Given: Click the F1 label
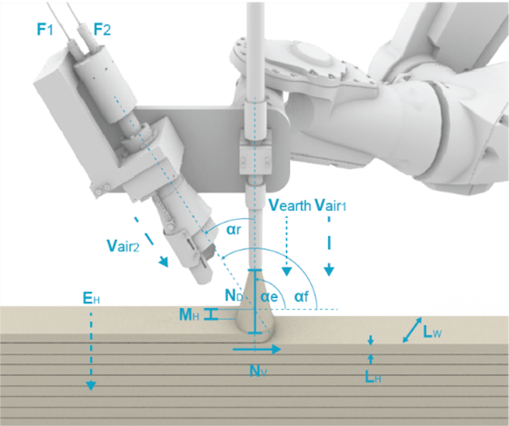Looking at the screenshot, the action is tap(45, 30).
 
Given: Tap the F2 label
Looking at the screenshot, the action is tap(102, 30).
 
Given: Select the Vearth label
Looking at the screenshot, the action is tap(290, 205).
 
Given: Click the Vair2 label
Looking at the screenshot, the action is tap(123, 245).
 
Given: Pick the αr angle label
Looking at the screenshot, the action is tap(234, 230).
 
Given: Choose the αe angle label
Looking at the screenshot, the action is tap(269, 296).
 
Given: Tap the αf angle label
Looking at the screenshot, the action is tap(301, 296).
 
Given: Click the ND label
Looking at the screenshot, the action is tap(234, 295).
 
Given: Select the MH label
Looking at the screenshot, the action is tap(189, 314).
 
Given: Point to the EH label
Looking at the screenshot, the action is tap(91, 298).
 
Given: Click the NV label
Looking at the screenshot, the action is tap(258, 371).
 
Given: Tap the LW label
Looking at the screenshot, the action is tap(433, 332).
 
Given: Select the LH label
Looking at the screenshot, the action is tap(373, 376).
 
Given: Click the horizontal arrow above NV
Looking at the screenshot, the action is tap(256, 350).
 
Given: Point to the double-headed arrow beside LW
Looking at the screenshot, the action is tap(412, 330).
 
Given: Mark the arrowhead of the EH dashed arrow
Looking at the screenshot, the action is tap(91, 385).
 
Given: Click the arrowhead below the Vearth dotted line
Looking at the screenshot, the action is tap(286, 272).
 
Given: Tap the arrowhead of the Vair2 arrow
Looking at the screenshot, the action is tap(164, 262).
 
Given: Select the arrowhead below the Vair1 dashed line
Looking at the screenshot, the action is tap(329, 272).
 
